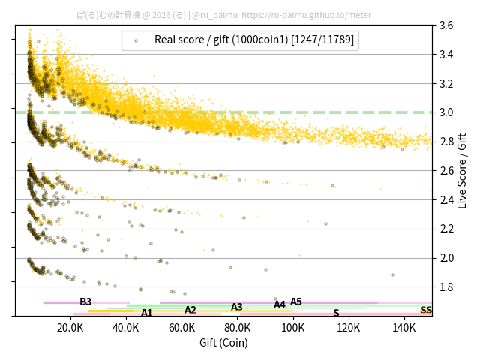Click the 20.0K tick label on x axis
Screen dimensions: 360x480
(x=70, y=327)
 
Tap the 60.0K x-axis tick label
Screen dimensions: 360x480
(x=181, y=327)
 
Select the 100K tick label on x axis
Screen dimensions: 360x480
(x=293, y=327)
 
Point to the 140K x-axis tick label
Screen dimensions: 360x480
(x=404, y=327)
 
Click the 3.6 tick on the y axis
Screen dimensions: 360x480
(x=445, y=25)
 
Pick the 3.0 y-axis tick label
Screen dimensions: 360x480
(x=445, y=112)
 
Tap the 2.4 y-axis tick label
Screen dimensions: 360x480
(x=445, y=199)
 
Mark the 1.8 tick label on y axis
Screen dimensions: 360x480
(x=445, y=286)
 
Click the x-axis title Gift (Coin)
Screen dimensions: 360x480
(x=223, y=343)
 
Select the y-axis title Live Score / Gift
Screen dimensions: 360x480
(x=463, y=171)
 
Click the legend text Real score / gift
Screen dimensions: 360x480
(x=254, y=40)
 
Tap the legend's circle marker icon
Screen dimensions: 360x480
(x=136, y=40)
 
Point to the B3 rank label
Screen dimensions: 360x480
(x=85, y=301)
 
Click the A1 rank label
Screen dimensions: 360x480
(x=147, y=313)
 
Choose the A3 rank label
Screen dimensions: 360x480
(x=237, y=307)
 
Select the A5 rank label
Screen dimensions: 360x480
(x=296, y=301)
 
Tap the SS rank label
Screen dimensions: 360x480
(x=426, y=310)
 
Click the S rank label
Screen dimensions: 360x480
(x=336, y=313)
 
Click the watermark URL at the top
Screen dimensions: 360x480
(x=307, y=14)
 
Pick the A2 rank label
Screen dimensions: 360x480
(x=190, y=310)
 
